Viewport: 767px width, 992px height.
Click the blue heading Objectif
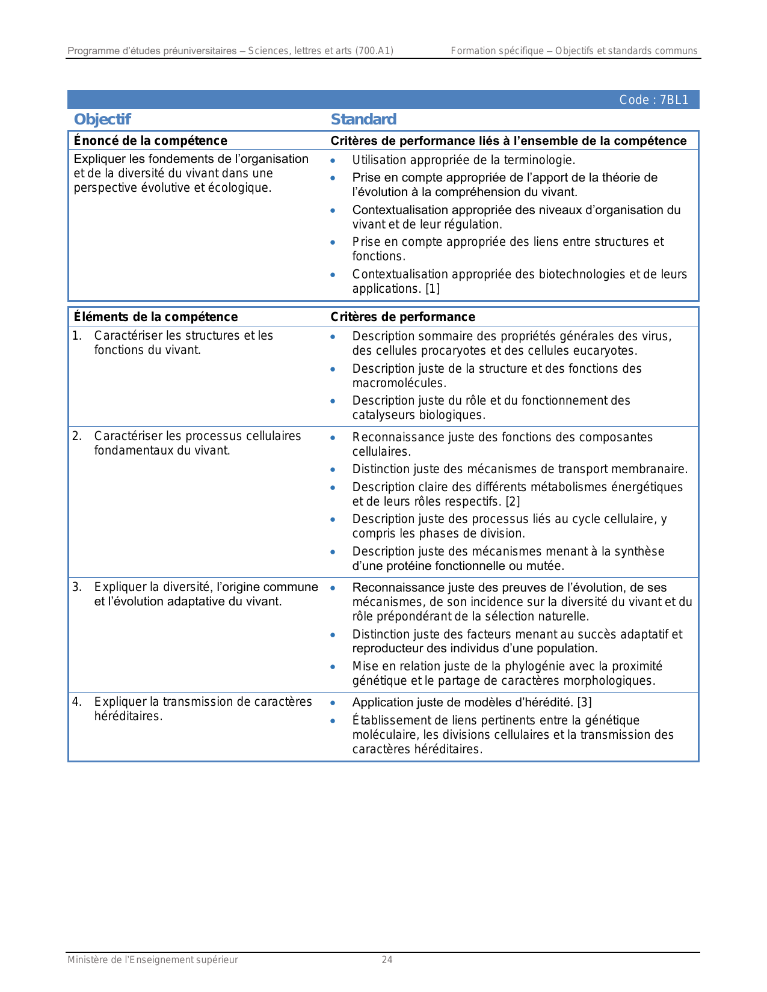(x=102, y=119)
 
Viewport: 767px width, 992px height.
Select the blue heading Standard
(x=363, y=119)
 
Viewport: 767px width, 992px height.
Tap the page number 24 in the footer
(x=387, y=960)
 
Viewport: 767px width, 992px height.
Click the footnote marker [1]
(x=433, y=289)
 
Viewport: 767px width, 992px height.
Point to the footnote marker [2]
(x=513, y=501)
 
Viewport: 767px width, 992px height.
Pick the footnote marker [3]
(x=584, y=702)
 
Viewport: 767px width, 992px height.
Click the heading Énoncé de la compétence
(x=150, y=141)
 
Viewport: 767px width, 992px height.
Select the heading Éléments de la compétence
(x=156, y=317)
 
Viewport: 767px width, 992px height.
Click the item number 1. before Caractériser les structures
(x=76, y=335)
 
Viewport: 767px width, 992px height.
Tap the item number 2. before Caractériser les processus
(x=76, y=436)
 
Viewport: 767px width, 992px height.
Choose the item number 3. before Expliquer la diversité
(x=76, y=587)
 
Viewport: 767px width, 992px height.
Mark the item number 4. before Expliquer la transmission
(x=76, y=702)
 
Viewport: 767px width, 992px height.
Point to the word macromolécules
(x=399, y=383)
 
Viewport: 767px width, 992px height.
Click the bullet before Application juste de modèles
(x=333, y=703)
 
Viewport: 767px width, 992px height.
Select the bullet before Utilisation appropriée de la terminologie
(x=333, y=161)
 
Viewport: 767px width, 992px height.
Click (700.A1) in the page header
(x=374, y=51)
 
